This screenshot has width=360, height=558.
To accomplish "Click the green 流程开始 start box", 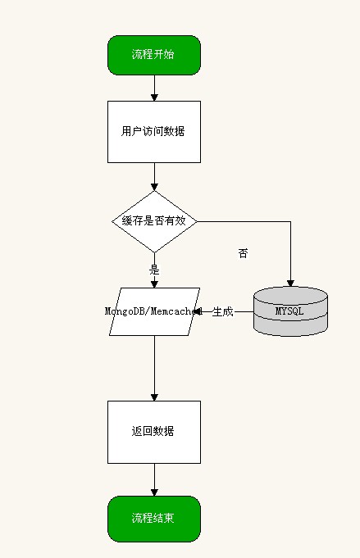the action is click(x=154, y=55).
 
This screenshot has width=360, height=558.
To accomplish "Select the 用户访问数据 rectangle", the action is click(x=154, y=132).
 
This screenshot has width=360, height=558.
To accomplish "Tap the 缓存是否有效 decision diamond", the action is click(x=154, y=221).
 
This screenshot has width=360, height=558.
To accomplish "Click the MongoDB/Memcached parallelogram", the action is click(x=154, y=311).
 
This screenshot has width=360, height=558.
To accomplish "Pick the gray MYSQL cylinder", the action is click(x=290, y=311).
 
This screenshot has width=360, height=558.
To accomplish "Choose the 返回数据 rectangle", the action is click(x=154, y=432).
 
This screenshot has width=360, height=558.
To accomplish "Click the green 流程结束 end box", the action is click(x=154, y=519).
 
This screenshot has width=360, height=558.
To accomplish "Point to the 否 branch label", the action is click(x=243, y=253).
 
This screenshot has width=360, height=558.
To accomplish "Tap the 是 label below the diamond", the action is click(x=154, y=270).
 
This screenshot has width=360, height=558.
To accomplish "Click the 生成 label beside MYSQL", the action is click(x=222, y=311).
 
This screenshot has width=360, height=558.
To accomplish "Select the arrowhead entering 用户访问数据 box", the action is click(x=154, y=98).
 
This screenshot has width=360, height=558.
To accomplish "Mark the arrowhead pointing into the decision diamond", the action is click(x=154, y=187).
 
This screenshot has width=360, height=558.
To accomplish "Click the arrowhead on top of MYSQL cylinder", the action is click(x=290, y=284).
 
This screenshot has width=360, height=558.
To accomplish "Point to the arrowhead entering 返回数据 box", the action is click(x=154, y=397).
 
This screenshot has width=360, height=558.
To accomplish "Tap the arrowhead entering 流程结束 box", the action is click(x=154, y=492).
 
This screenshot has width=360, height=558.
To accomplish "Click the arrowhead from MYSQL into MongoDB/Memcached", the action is click(x=197, y=311).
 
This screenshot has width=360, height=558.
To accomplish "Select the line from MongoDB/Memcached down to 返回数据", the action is click(x=154, y=369).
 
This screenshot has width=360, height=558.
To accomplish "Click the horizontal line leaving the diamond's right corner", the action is click(x=244, y=222).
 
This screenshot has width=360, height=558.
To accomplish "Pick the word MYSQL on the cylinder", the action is click(x=289, y=311).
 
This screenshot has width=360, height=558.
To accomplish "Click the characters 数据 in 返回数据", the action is click(x=163, y=431).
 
